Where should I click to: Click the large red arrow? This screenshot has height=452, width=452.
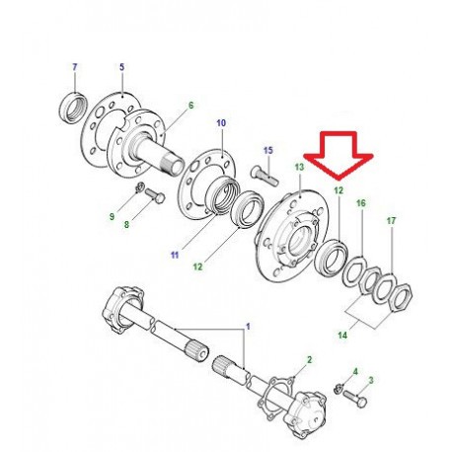pyautogui.click(x=339, y=155)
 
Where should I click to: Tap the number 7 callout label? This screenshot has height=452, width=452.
pyautogui.click(x=75, y=67)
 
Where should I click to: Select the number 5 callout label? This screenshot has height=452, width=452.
pyautogui.click(x=122, y=67)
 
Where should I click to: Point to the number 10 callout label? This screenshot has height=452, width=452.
pyautogui.click(x=221, y=123)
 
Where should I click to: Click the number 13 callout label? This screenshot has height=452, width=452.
pyautogui.click(x=299, y=167)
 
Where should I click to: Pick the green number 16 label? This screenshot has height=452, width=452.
pyautogui.click(x=361, y=203)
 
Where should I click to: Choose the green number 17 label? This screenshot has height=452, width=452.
pyautogui.click(x=391, y=221)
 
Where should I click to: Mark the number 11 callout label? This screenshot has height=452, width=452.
pyautogui.click(x=175, y=255)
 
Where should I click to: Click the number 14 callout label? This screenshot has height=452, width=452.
pyautogui.click(x=342, y=336)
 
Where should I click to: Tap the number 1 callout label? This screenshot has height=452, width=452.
pyautogui.click(x=248, y=327)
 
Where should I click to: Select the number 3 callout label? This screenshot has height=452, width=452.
pyautogui.click(x=371, y=381)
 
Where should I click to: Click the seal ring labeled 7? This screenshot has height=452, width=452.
pyautogui.click(x=73, y=109)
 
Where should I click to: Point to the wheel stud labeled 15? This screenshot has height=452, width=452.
pyautogui.click(x=264, y=176)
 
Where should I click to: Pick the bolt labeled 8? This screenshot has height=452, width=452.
pyautogui.click(x=155, y=195)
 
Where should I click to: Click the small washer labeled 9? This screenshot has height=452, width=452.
pyautogui.click(x=140, y=188)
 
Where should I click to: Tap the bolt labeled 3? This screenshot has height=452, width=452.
pyautogui.click(x=354, y=398)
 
